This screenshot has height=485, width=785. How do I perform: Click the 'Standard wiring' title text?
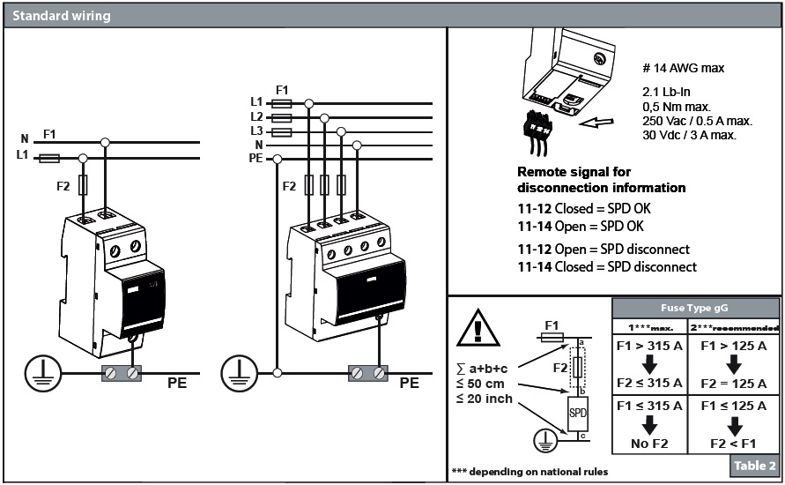coord(62,15)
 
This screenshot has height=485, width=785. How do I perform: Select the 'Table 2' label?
coord(753,466)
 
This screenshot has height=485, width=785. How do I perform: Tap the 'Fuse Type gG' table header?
coord(695,308)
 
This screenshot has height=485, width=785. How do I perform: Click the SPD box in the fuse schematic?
coord(578,413)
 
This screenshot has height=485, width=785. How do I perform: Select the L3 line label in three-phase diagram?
coord(256,131)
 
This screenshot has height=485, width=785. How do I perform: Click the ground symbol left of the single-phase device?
coord(39,372)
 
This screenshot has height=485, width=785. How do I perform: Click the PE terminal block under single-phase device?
coord(122,373)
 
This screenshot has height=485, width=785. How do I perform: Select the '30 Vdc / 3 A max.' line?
coord(690,135)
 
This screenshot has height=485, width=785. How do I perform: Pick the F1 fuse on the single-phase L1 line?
coord(50,158)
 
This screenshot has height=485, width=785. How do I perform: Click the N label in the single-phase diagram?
coord(25,138)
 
